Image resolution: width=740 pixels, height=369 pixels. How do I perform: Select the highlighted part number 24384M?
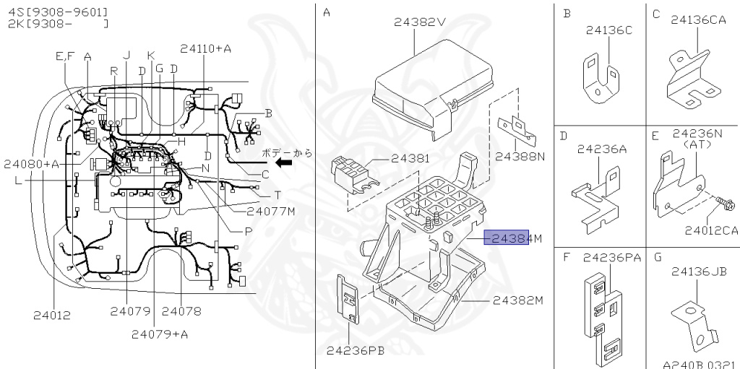point(513,238)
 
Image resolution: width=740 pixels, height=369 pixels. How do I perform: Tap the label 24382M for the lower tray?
point(518,300)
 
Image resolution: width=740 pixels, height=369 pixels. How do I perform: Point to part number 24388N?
point(520,156)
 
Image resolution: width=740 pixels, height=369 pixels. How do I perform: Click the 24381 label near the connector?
point(410,158)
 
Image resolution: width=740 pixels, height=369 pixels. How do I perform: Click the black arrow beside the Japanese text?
point(283,162)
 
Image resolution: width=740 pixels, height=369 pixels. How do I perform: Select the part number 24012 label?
point(52,316)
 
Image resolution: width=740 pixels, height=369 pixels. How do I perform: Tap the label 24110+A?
point(205,48)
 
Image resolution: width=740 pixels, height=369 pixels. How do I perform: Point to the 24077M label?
point(271,211)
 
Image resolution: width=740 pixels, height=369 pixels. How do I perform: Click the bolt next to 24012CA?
point(723,204)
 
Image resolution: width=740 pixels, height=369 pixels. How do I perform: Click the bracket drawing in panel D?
point(596,199)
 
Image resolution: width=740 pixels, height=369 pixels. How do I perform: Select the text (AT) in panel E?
point(697,144)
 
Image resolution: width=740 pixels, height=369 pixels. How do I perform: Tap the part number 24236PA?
point(612,258)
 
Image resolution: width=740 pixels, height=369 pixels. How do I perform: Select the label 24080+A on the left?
point(32,164)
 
